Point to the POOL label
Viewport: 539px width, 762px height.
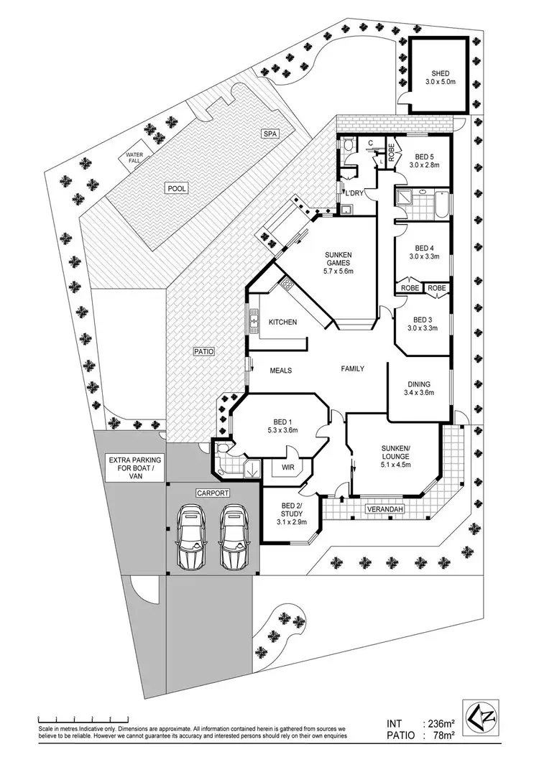point(177,188)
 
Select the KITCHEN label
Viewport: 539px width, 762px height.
point(282,322)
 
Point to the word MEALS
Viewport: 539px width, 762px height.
point(280,370)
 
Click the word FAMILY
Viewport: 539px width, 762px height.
point(351,369)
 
